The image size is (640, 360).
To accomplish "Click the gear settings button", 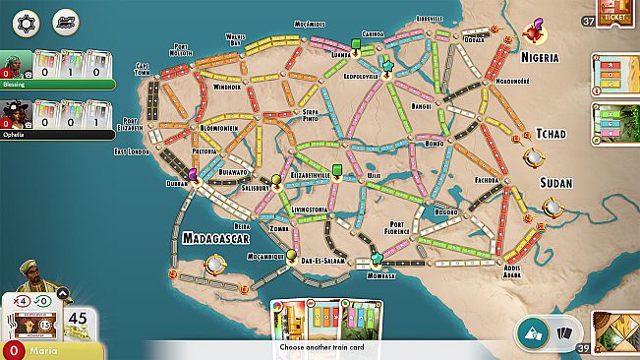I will point(27,22).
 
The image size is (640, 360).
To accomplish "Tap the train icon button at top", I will point(66,22).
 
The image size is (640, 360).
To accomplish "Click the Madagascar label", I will point(216,238).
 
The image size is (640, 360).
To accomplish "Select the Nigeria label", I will point(547,57).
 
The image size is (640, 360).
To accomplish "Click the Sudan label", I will point(555,183).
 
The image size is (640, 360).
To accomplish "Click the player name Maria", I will point(42,350).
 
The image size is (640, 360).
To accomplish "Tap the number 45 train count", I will point(78,319).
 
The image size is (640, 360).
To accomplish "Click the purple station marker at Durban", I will point(193,174).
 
